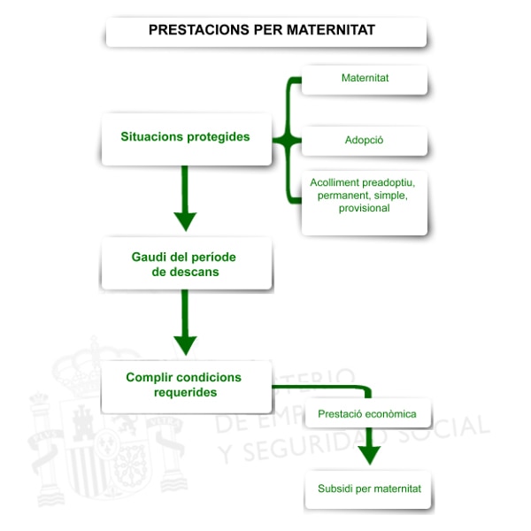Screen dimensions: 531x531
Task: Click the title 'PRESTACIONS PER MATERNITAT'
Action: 262,30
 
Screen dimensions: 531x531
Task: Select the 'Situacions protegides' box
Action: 186,137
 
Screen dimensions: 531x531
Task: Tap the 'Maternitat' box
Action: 365,79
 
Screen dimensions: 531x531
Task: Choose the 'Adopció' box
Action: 364,141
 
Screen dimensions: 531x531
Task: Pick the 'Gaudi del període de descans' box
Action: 186,264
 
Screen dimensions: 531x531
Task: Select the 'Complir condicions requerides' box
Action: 184,385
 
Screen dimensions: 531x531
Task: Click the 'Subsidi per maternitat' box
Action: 369,489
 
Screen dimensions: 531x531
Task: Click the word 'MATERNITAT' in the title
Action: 331,30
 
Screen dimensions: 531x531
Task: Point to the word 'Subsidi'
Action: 335,489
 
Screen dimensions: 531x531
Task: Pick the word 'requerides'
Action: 184,392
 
